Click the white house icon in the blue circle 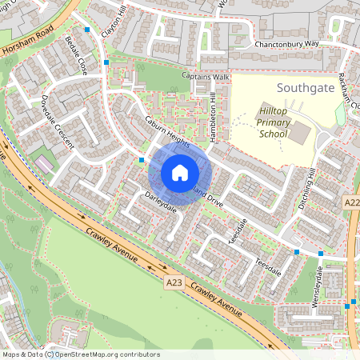click(x=179, y=172)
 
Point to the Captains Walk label click(x=206, y=77)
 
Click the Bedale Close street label click(x=77, y=56)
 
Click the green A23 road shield click(x=174, y=282)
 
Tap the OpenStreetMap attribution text click(x=80, y=354)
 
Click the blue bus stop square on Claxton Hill click(x=106, y=62)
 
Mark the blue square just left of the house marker click(x=142, y=160)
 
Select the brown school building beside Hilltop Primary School click(x=298, y=133)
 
